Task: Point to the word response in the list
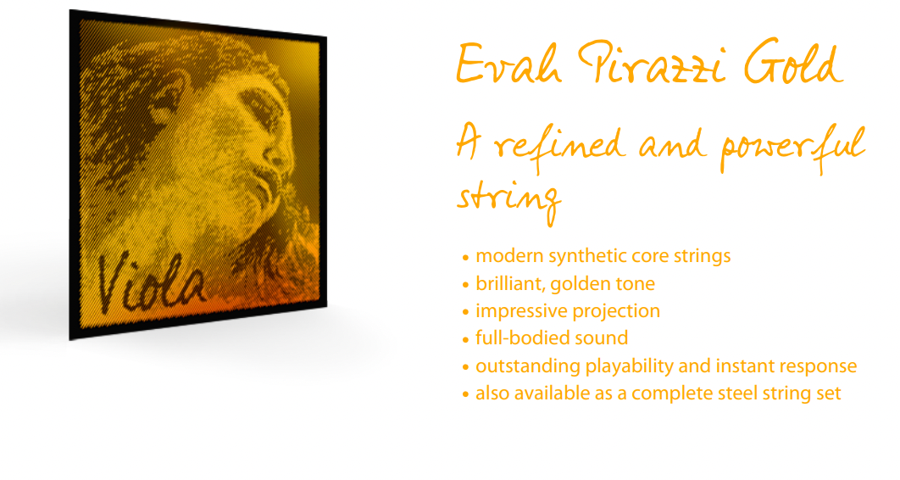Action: pyautogui.click(x=814, y=367)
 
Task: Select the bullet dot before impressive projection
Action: pyautogui.click(x=465, y=312)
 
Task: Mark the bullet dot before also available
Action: pyautogui.click(x=465, y=394)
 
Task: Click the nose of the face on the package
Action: pyautogui.click(x=278, y=152)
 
